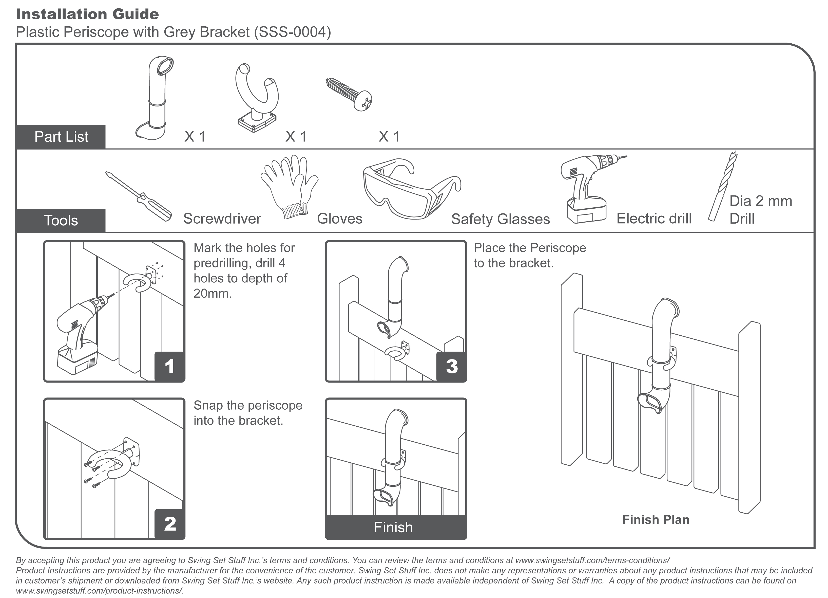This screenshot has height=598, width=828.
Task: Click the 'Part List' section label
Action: pyautogui.click(x=61, y=137)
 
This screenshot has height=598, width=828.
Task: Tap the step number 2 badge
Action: pyautogui.click(x=170, y=524)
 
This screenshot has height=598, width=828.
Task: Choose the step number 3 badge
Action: pyautogui.click(x=452, y=366)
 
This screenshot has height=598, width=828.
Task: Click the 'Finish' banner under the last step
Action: pyautogui.click(x=393, y=527)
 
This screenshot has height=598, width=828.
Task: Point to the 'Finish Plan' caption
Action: pyautogui.click(x=656, y=519)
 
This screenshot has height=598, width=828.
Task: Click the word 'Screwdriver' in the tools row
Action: pyautogui.click(x=222, y=219)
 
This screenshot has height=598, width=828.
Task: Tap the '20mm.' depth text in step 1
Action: pyautogui.click(x=213, y=293)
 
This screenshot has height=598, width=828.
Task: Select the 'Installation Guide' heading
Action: pyautogui.click(x=88, y=14)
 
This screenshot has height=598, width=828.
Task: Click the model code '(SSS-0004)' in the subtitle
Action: pyautogui.click(x=293, y=32)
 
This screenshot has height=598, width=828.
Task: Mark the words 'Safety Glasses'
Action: pyautogui.click(x=500, y=219)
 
